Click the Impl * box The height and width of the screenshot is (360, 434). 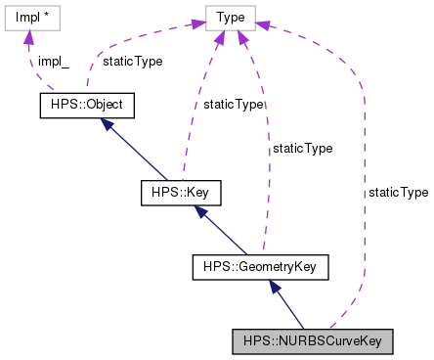pyautogui.click(x=30, y=17)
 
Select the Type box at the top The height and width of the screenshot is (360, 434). pyautogui.click(x=231, y=17)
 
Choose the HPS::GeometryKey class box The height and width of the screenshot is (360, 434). pyautogui.click(x=259, y=265)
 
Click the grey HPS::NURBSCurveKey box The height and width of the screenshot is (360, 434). pyautogui.click(x=313, y=341)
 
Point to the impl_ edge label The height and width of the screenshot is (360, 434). pyautogui.click(x=54, y=60)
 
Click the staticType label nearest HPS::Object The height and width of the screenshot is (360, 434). pyautogui.click(x=133, y=61)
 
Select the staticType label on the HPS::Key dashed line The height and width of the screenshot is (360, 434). pyautogui.click(x=233, y=104)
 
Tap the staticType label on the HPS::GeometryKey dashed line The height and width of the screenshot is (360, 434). pyautogui.click(x=302, y=149)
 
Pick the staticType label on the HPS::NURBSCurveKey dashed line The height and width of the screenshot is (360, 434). pyautogui.click(x=398, y=193)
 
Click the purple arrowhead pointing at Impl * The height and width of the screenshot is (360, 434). pyautogui.click(x=29, y=37)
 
